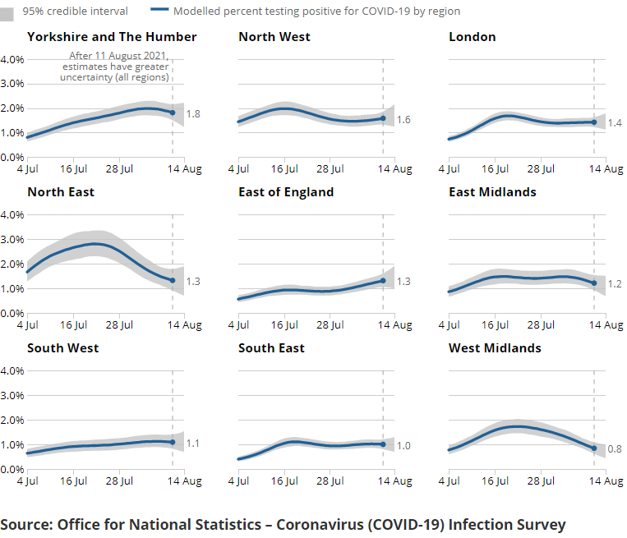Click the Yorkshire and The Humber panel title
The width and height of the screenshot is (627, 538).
click(x=112, y=37)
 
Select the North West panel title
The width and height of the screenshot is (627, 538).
click(x=275, y=37)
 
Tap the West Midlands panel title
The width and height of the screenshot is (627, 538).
click(x=495, y=348)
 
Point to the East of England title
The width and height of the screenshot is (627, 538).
click(x=286, y=192)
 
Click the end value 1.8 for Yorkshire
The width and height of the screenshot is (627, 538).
click(x=193, y=114)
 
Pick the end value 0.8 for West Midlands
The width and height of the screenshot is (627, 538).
click(x=615, y=449)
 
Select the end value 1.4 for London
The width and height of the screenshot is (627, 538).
click(x=615, y=122)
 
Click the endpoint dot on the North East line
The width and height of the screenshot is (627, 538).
click(x=173, y=281)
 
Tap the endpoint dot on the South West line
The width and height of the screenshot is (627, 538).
click(x=173, y=443)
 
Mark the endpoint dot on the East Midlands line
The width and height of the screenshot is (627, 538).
click(x=594, y=283)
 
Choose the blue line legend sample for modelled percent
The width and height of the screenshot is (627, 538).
click(x=159, y=11)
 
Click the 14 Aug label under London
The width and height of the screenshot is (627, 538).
click(x=608, y=169)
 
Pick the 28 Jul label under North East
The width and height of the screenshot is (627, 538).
click(x=119, y=325)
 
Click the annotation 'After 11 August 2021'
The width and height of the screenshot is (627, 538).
click(x=118, y=57)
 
